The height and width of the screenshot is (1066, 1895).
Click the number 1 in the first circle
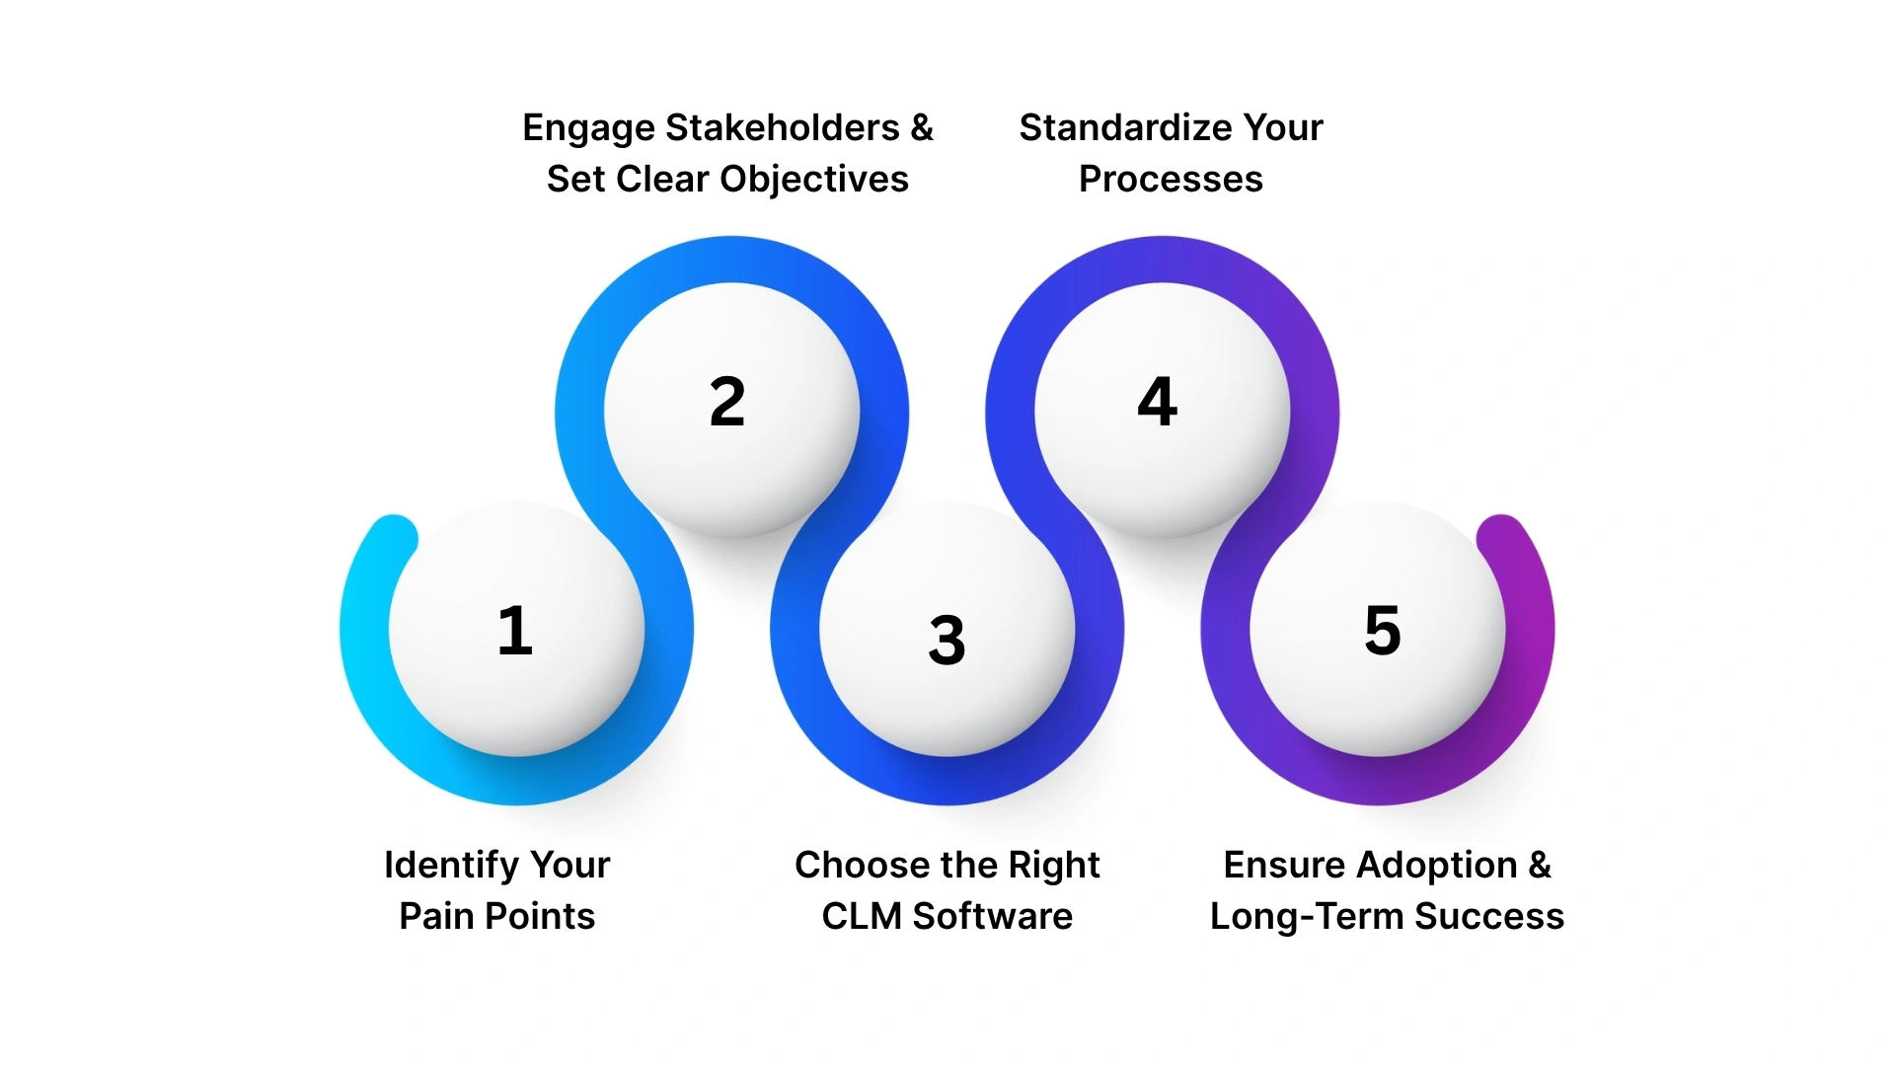(x=515, y=631)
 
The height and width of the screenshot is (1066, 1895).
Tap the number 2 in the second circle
(x=727, y=402)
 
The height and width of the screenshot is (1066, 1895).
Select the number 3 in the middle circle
(x=947, y=640)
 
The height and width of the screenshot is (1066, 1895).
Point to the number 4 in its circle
(x=1158, y=402)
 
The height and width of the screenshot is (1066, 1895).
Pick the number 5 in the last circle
(x=1383, y=631)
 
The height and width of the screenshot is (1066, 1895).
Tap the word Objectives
(x=814, y=179)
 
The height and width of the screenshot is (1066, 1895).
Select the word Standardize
(x=1124, y=127)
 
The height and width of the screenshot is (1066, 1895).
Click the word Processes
(x=1171, y=179)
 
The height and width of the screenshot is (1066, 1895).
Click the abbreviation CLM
(x=862, y=916)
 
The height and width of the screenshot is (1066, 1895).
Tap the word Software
(x=993, y=916)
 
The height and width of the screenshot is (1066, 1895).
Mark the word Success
(x=1489, y=916)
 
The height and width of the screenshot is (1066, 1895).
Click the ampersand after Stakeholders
(x=922, y=127)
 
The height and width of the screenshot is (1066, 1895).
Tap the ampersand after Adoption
(x=1540, y=865)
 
